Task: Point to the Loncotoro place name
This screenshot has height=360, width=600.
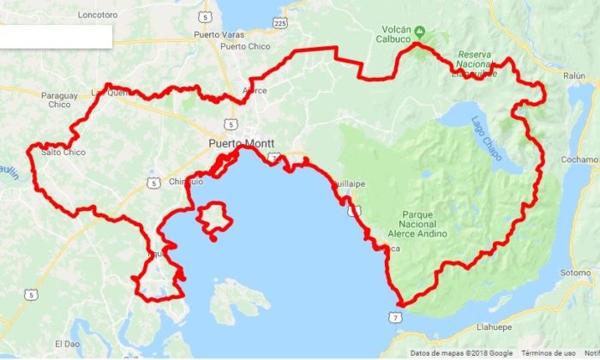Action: click(96, 15)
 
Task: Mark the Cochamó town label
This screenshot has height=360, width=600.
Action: click(579, 159)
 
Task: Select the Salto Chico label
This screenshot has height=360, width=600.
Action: click(63, 153)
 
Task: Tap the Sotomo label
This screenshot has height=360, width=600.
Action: click(576, 273)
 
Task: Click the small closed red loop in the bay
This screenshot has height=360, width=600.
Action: click(214, 219)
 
